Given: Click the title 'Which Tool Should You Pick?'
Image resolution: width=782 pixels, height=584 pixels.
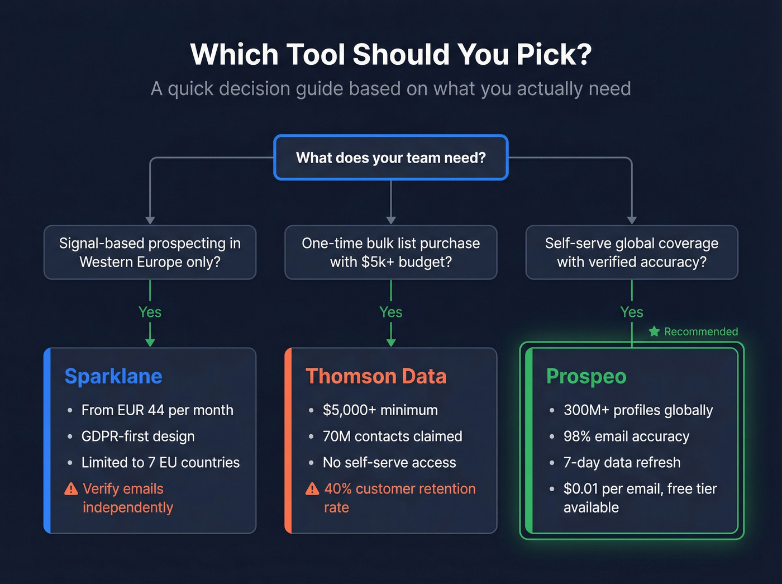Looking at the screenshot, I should [390, 55].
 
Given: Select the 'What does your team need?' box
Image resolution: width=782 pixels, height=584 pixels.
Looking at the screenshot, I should [390, 158].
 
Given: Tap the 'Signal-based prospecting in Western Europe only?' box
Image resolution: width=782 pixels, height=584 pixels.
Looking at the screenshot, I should [150, 253].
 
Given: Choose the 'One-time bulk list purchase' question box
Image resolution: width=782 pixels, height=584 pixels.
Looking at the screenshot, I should [390, 253].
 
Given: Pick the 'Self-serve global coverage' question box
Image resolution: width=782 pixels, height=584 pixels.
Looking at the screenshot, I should [632, 253].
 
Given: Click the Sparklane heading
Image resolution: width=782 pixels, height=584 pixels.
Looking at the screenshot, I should [113, 376].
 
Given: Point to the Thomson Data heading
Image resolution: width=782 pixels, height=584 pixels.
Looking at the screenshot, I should [376, 376].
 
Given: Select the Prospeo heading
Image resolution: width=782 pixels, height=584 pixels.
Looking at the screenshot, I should [586, 376].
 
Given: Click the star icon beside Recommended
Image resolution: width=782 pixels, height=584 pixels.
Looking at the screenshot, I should [654, 331].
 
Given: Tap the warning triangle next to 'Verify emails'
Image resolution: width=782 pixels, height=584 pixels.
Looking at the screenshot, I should [71, 489].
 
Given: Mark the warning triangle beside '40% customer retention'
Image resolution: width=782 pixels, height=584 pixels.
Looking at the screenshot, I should [312, 489].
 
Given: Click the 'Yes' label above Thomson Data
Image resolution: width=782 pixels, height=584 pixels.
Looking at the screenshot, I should [390, 312].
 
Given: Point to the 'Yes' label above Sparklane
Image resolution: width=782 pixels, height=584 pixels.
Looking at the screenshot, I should [150, 312].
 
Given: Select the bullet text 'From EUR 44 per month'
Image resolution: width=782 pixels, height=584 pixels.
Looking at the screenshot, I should [157, 410].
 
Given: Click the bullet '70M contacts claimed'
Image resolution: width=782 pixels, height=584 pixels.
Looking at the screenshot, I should [392, 436].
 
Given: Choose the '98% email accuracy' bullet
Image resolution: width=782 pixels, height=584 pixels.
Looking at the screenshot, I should [626, 436].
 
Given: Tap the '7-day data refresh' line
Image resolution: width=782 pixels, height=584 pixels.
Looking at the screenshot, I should [622, 463].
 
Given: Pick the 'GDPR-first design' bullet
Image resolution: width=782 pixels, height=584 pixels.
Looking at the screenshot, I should [138, 436].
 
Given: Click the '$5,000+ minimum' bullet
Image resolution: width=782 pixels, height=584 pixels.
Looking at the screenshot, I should [380, 410].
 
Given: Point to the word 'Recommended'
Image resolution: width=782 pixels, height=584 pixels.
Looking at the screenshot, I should [701, 331].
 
